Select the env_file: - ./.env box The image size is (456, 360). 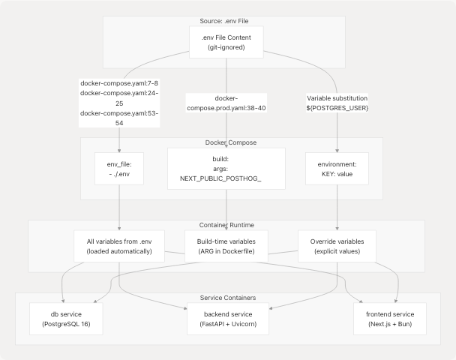(119, 168)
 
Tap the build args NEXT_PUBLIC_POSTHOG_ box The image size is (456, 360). (226, 168)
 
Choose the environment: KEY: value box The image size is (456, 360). (337, 168)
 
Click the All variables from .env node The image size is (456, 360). (119, 246)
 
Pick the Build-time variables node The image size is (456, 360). (226, 246)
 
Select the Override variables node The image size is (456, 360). (337, 246)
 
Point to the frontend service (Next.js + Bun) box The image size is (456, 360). (390, 319)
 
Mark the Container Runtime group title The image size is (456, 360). (226, 224)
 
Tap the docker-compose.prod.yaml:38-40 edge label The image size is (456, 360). (226, 103)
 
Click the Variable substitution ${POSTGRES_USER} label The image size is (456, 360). (337, 103)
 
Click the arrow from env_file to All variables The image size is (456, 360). (119, 206)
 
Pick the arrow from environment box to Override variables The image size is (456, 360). (337, 206)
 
